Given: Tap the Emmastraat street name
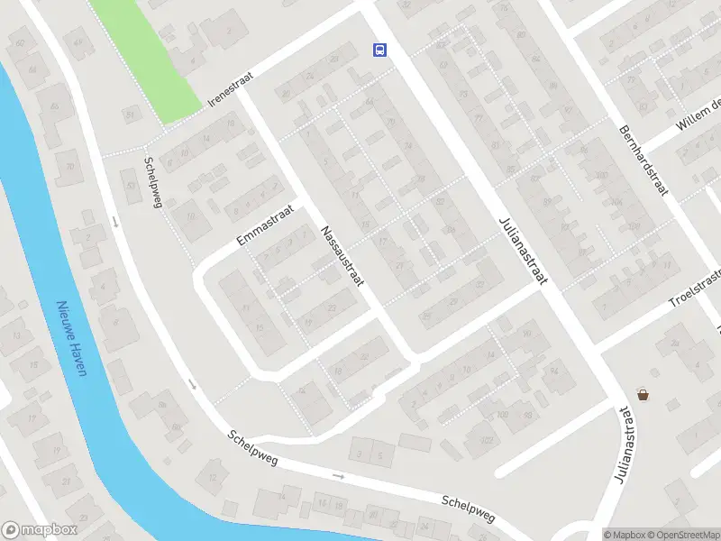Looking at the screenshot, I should (x=266, y=225).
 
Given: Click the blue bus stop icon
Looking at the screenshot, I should (x=380, y=50).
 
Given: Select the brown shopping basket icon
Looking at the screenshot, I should (x=643, y=394).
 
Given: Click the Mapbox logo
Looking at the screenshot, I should (x=39, y=530).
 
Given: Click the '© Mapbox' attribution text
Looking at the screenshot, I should (x=624, y=535).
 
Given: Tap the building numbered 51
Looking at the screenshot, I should (x=132, y=114).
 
